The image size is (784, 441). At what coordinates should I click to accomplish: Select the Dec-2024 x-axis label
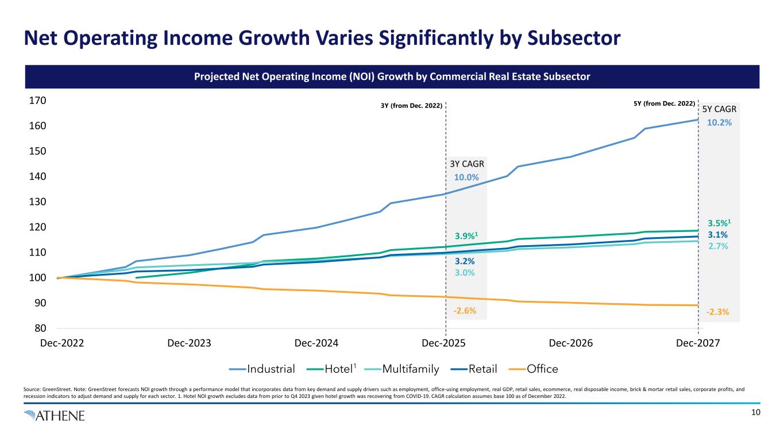(x=316, y=343)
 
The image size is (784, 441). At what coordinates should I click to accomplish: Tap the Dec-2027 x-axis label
(x=698, y=343)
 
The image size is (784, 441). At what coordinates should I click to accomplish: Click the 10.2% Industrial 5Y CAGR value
(x=718, y=123)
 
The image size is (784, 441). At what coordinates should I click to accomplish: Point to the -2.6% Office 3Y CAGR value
(x=465, y=311)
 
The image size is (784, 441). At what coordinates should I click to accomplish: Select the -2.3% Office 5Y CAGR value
(x=718, y=312)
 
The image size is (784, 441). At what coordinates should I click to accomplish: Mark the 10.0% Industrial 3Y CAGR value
(x=466, y=177)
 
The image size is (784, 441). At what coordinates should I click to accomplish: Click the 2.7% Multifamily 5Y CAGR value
(x=718, y=246)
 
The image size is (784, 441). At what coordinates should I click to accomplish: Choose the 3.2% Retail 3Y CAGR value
(x=465, y=261)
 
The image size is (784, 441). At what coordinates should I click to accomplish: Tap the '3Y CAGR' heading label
(x=467, y=164)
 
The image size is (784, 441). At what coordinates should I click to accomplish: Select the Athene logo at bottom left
(x=54, y=415)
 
